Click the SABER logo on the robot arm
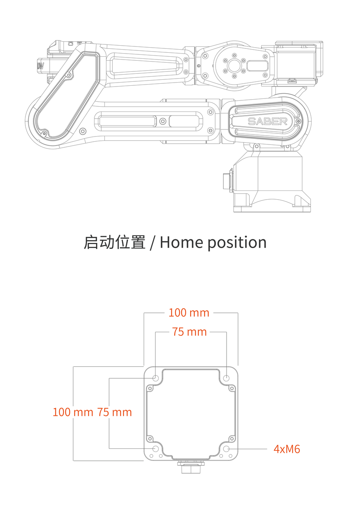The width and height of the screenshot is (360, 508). coord(268,121)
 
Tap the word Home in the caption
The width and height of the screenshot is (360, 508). coord(182,242)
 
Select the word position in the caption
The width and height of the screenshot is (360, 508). coord(237,243)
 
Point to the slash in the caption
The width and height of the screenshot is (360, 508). coord(153,242)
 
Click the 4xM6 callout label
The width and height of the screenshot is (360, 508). coord(287,449)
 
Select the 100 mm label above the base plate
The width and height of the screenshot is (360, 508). coord(189,313)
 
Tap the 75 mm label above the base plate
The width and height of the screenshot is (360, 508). coord(189,332)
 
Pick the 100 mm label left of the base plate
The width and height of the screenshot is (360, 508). coord(73,412)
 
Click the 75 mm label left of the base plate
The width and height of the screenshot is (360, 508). coord(114,412)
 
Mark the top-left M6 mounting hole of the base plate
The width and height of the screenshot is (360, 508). coord(156,378)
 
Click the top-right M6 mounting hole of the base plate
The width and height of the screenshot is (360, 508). coord(226,378)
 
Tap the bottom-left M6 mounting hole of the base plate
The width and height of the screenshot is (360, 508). coord(156,449)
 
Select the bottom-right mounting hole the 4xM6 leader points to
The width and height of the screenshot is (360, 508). coord(226,449)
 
